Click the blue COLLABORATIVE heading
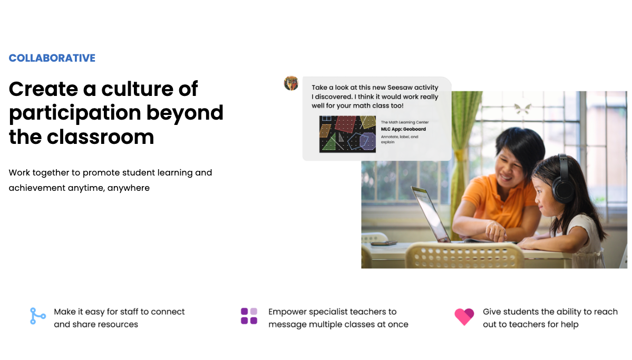(x=52, y=58)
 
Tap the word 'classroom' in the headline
(x=100, y=137)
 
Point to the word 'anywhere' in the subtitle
(x=129, y=188)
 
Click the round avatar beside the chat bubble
(x=291, y=83)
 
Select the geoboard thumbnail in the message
(x=347, y=134)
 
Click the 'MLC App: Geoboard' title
(x=403, y=129)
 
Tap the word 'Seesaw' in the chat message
(x=400, y=87)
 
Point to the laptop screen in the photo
(x=430, y=212)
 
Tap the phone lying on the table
(x=384, y=242)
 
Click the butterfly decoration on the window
(x=522, y=108)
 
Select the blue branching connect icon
(x=37, y=316)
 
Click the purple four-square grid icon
(x=249, y=316)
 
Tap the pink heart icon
(x=464, y=316)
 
